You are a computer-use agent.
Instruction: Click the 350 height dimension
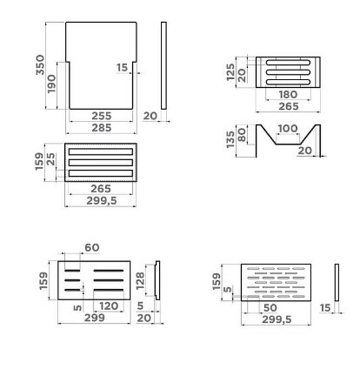[x=40, y=65]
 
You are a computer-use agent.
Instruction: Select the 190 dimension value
[x=51, y=84]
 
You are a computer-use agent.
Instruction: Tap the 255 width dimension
[x=101, y=116]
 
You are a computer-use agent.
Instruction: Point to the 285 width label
[x=101, y=128]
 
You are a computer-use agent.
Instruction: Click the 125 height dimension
[x=230, y=72]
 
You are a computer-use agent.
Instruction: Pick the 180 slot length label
[x=288, y=95]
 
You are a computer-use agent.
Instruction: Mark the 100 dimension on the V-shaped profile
[x=288, y=128]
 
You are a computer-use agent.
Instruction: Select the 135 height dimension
[x=230, y=140]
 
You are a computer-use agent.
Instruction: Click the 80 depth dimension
[x=242, y=135]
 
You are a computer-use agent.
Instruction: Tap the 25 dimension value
[x=51, y=159]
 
